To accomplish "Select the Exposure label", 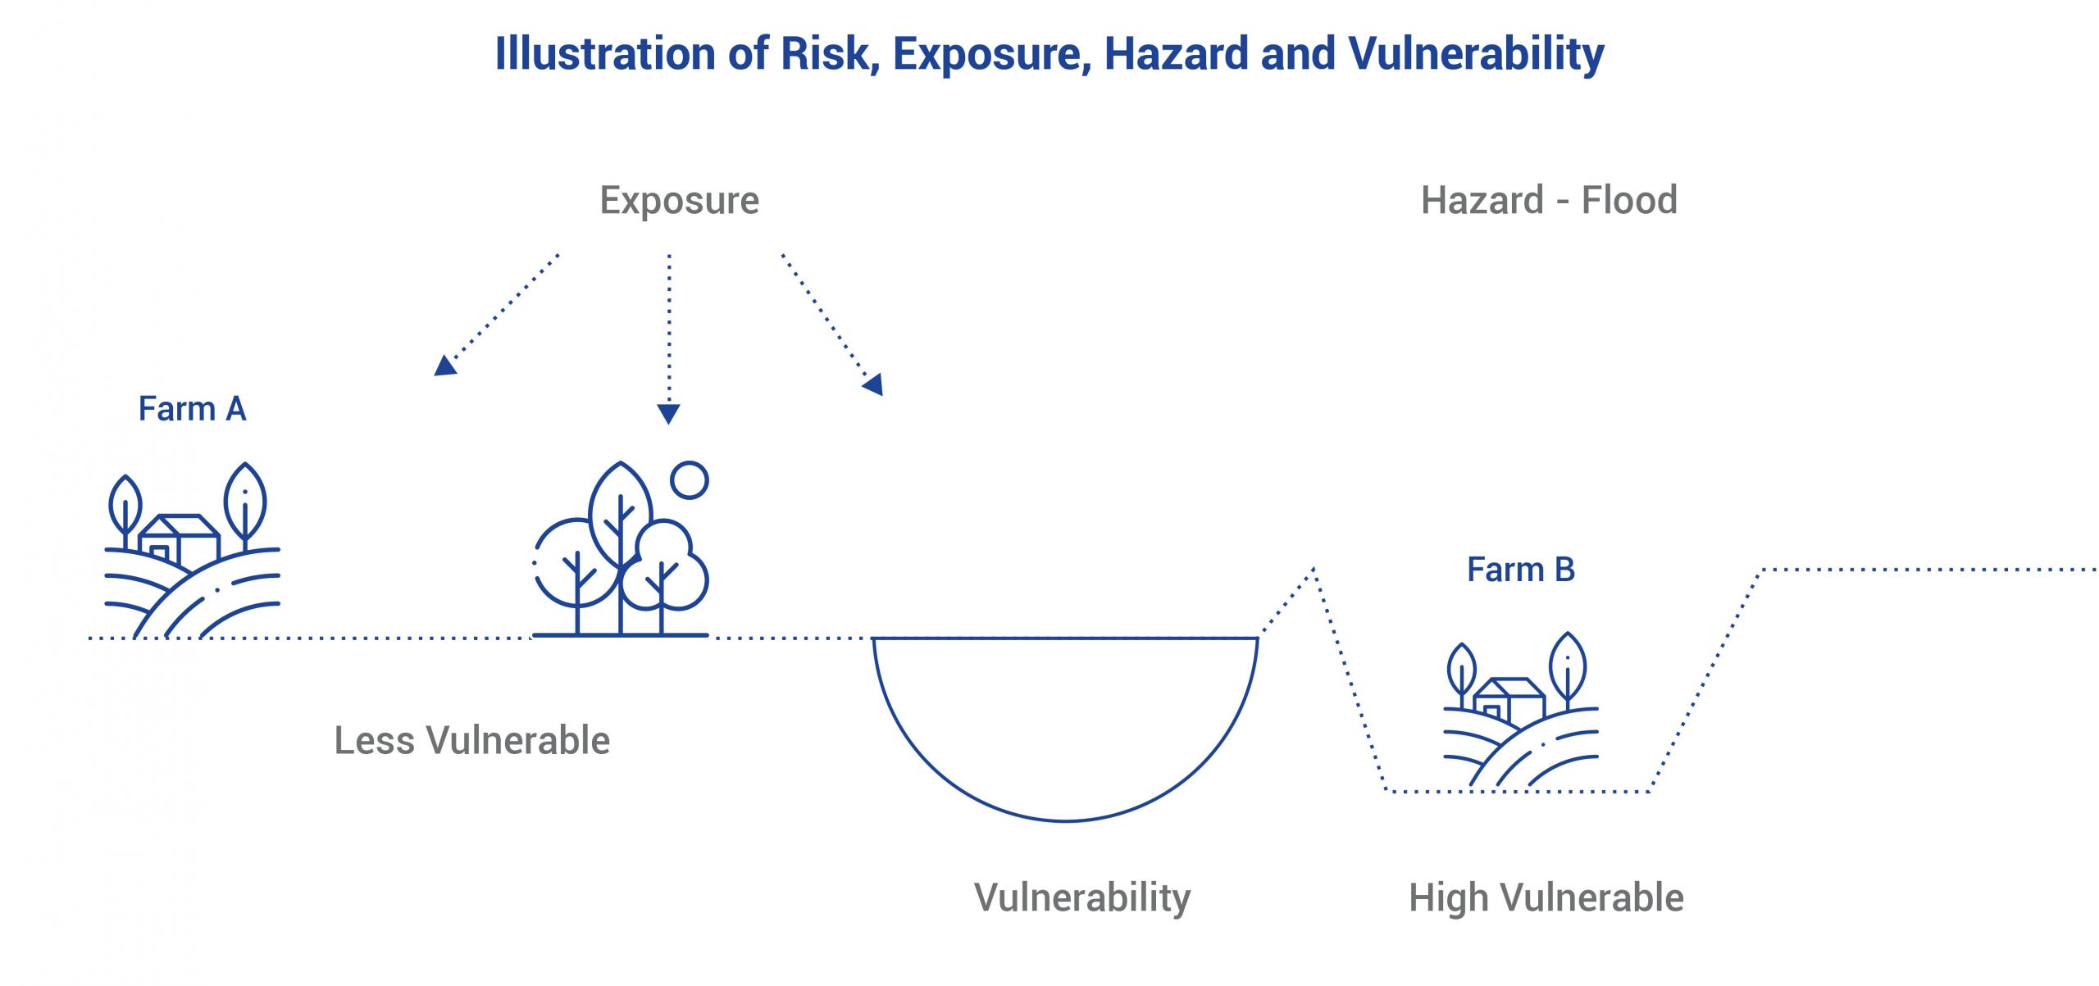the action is (680, 202).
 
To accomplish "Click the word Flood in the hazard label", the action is (1629, 200).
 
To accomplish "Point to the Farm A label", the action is (192, 408).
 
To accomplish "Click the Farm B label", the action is (1521, 570).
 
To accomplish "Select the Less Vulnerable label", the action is (472, 740).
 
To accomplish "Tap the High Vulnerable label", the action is (1546, 898).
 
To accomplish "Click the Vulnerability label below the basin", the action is (1082, 898).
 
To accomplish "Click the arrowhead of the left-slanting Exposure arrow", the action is (444, 366).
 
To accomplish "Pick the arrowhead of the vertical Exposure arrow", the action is (668, 414).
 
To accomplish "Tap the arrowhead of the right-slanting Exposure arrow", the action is (873, 384).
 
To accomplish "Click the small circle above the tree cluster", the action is (689, 480).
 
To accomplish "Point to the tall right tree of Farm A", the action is (245, 505).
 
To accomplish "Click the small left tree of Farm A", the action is (125, 511).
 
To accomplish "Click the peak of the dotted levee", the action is (1314, 568).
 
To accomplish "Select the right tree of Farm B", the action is (1568, 669).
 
